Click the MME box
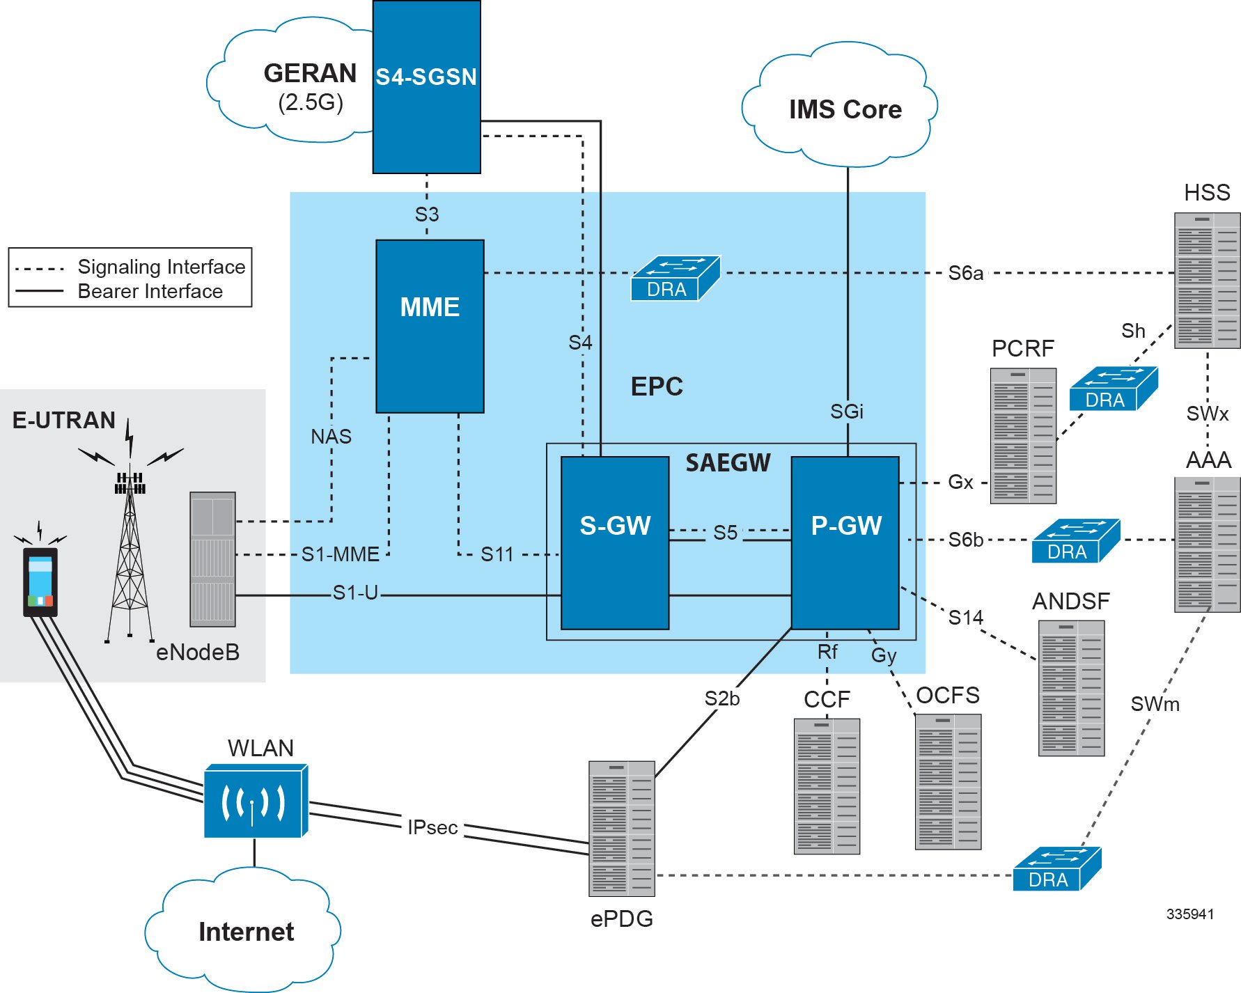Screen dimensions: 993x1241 [x=430, y=326]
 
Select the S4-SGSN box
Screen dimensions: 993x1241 [x=426, y=87]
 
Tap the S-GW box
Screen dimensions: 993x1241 [x=614, y=542]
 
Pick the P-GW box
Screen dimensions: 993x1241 [x=845, y=542]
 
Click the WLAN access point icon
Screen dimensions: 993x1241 [x=255, y=802]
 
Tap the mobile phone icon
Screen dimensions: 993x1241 [x=40, y=582]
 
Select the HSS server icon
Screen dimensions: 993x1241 [x=1206, y=281]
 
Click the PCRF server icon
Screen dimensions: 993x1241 [x=1023, y=436]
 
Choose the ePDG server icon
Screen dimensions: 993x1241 [x=621, y=828]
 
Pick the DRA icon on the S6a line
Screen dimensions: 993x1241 [x=673, y=279]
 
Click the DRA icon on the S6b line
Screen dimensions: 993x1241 [x=1075, y=541]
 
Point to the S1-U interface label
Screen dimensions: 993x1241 [x=355, y=593]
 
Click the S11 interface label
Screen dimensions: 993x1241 [x=497, y=554]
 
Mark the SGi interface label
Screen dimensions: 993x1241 [x=846, y=412]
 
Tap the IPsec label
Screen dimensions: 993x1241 [x=432, y=827]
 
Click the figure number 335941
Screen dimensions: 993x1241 [x=1189, y=914]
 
